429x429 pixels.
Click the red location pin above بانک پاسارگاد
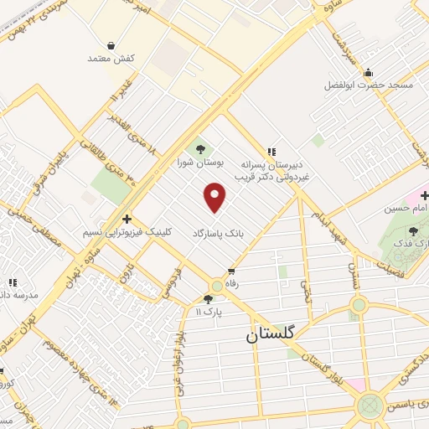(215, 199)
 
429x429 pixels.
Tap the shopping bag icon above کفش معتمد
(111, 44)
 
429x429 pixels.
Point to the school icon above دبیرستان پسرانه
(271, 152)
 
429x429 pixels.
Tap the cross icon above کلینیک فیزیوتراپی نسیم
(126, 217)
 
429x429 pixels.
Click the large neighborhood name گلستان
(271, 333)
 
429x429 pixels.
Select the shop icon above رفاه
(231, 271)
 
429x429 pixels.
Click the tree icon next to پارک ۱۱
(208, 299)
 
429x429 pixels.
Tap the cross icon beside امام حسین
(425, 195)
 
